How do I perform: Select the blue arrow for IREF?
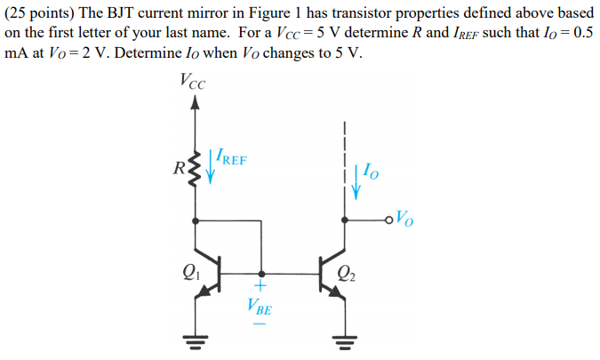pyautogui.click(x=211, y=165)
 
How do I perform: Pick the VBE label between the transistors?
pyautogui.click(x=260, y=308)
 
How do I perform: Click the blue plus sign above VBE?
pyautogui.click(x=260, y=287)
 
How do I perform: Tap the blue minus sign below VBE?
pyautogui.click(x=260, y=325)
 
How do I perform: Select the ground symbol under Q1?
pyautogui.click(x=196, y=339)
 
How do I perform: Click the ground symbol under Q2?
pyautogui.click(x=344, y=339)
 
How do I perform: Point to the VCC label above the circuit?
pyautogui.click(x=190, y=82)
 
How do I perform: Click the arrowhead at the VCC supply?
pyautogui.click(x=196, y=103)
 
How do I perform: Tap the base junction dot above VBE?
pyautogui.click(x=260, y=274)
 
